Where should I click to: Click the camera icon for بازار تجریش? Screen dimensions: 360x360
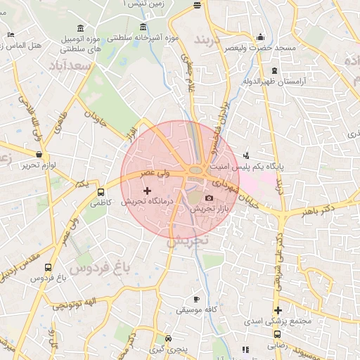coord(209,199)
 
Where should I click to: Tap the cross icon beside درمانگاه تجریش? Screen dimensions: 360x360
coord(147,191)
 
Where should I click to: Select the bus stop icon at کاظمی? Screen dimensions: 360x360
coord(101,191)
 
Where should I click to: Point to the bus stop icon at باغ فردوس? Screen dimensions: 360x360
coord(48,267)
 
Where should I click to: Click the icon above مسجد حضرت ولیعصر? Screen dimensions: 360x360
coord(261,37)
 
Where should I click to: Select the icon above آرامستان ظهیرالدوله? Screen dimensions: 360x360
coord(274,70)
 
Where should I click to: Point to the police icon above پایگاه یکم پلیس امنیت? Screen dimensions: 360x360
coord(245,155)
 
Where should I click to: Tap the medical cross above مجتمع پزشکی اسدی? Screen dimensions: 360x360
coord(278,310)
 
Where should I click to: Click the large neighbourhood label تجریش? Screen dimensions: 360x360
coord(188,240)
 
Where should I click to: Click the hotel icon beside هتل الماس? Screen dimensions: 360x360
coord(10,34)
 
